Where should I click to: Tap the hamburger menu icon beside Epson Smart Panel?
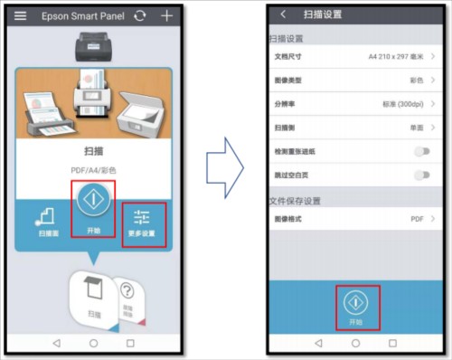point(21,16)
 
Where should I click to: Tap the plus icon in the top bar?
point(165,16)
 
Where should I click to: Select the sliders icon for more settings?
point(143,216)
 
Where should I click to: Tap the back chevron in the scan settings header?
point(283,15)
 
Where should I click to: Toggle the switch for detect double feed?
point(421,151)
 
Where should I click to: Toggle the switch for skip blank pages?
point(421,175)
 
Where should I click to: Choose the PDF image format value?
point(417,218)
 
